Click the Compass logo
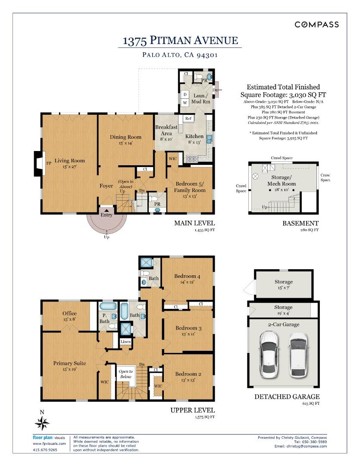[x=316, y=24]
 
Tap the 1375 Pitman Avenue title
[x=180, y=41]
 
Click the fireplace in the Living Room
[x=39, y=163]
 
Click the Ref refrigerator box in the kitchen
[x=188, y=118]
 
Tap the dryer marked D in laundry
[x=185, y=94]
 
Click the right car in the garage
[x=298, y=355]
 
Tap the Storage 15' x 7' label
[x=284, y=284]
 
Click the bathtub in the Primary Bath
[x=108, y=306]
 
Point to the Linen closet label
[x=125, y=341]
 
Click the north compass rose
[x=42, y=423]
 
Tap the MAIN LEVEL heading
[x=194, y=223]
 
